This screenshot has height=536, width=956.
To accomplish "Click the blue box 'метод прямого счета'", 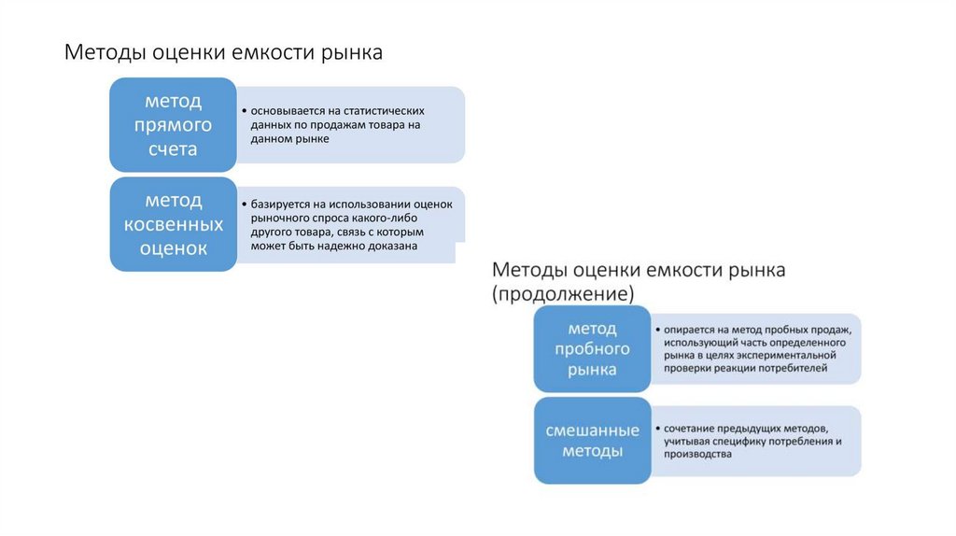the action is point(173,125).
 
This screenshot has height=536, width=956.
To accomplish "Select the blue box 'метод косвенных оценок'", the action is point(173,225).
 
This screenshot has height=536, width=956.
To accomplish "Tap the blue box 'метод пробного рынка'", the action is point(592,350).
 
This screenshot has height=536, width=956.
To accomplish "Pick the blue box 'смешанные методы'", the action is point(592,441).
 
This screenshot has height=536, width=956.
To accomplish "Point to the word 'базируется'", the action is point(278,203).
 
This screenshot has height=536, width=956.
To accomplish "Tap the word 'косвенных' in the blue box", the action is point(173,225).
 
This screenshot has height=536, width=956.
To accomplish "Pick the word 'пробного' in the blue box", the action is point(592,349).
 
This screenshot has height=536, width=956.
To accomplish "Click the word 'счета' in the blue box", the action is point(173,148).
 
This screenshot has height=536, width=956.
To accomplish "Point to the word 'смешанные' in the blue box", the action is point(592,430).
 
